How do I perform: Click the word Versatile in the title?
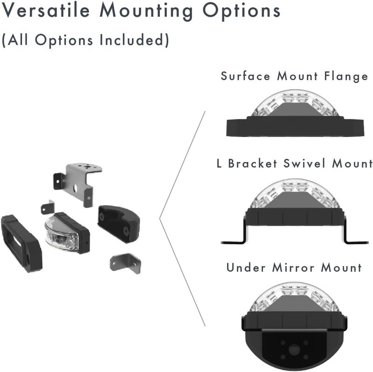pos(46,10)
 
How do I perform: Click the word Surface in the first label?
pos(246,76)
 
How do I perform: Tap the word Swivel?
pos(304,164)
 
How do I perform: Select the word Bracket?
pos(253,164)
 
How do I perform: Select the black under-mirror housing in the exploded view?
pos(118,224)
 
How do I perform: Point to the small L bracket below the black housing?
pos(125,263)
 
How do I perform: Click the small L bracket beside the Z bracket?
pos(48,207)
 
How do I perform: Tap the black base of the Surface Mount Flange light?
pos(295,126)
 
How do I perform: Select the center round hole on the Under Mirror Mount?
pos(294,350)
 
